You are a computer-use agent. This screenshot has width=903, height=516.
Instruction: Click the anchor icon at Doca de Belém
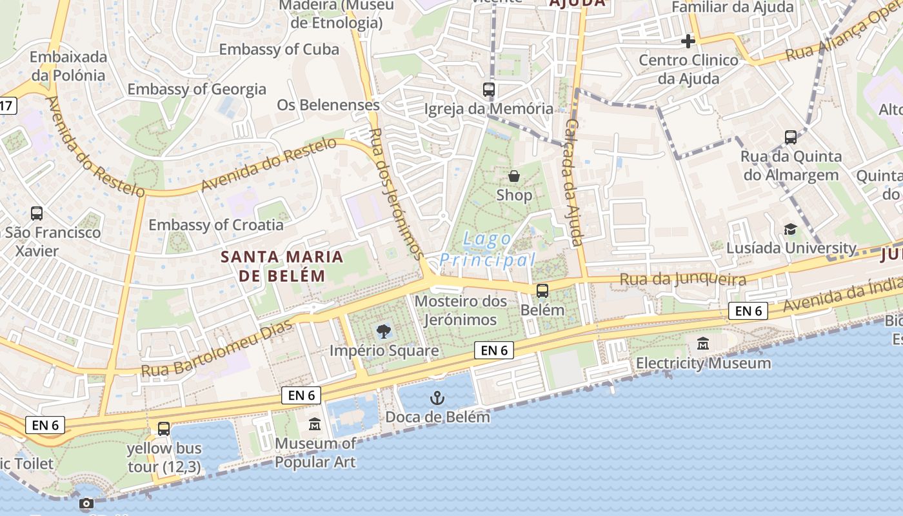(x=438, y=397)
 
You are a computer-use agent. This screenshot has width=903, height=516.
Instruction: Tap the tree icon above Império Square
(x=384, y=332)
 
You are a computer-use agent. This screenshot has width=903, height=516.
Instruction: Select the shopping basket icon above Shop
(x=514, y=175)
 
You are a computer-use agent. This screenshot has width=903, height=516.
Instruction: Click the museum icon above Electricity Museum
(x=703, y=344)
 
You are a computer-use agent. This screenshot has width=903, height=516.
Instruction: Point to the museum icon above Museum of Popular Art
(x=315, y=424)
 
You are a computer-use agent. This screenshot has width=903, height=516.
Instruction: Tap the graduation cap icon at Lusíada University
(x=790, y=229)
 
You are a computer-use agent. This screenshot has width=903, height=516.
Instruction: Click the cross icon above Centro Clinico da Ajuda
(x=688, y=42)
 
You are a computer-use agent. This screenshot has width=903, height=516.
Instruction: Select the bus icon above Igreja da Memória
(x=489, y=90)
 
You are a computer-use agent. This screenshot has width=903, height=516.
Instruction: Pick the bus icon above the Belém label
(x=542, y=291)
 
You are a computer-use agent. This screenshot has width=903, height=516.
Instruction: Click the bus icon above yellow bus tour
(x=164, y=428)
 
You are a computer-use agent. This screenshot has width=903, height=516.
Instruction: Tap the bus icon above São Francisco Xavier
(x=37, y=213)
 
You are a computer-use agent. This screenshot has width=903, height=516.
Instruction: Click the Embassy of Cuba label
(x=279, y=49)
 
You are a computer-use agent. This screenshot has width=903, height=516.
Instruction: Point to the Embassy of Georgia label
(x=197, y=89)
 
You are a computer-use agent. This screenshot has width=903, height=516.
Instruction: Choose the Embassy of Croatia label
(x=216, y=225)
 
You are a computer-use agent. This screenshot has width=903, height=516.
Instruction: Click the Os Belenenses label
(x=328, y=104)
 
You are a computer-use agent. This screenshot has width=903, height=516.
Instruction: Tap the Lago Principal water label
(x=488, y=250)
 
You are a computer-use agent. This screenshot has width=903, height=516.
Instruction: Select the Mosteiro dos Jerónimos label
(x=456, y=310)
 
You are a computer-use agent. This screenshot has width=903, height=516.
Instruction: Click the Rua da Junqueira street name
(x=682, y=279)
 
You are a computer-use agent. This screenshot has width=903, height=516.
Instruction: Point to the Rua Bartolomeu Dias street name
(x=215, y=348)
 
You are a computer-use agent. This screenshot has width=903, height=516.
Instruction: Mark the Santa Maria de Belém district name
(x=282, y=266)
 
